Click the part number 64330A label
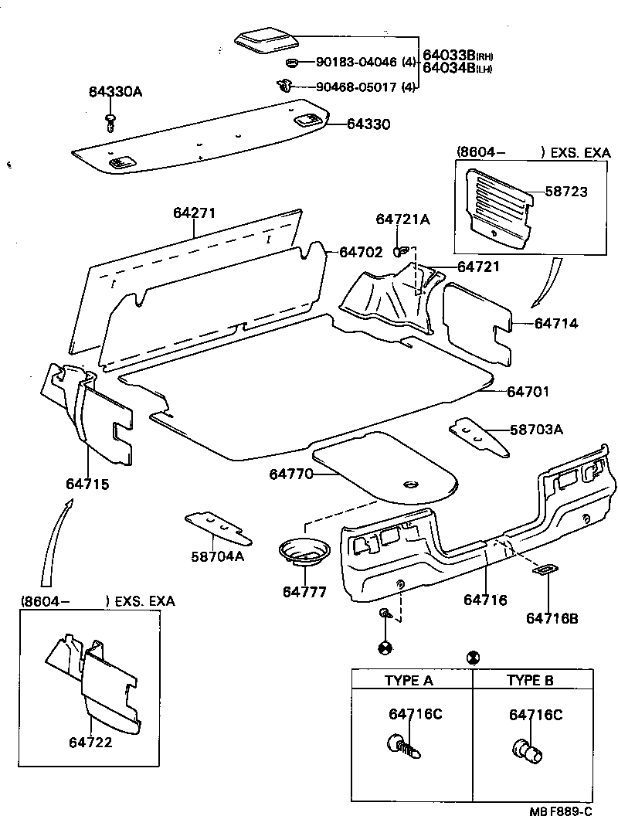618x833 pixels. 114,92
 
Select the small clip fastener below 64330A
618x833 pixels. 111,121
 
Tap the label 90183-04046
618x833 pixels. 356,62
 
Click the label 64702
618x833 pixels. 361,252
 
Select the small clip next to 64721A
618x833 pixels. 401,250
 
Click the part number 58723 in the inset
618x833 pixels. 567,192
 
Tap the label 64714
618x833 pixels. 556,323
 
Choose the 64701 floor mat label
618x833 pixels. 528,392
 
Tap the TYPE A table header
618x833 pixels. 409,681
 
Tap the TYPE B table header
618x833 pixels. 531,681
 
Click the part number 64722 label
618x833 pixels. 91,743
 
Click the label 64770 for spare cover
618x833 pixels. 291,473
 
